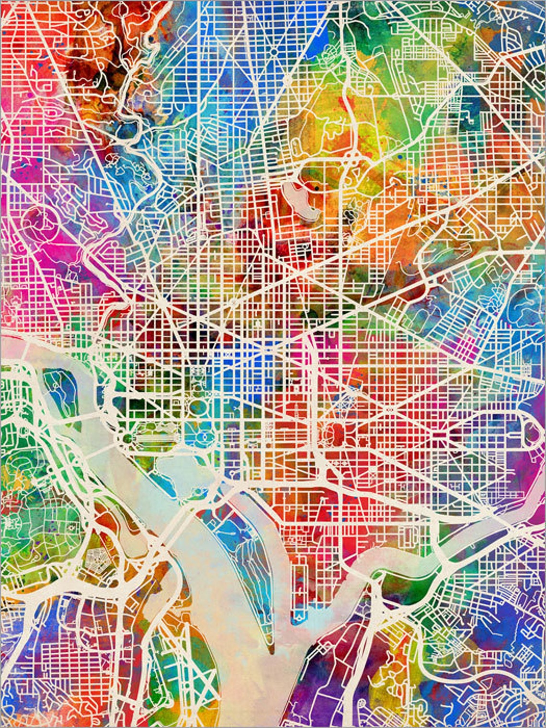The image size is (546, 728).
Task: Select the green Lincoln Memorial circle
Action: (125, 438)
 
